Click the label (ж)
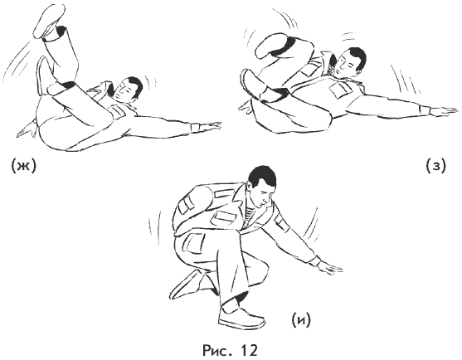point(23,167)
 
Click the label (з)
point(436,166)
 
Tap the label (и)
point(301,320)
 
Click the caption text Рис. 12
point(230,350)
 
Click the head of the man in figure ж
point(129,90)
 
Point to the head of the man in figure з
point(352,61)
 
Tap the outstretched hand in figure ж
point(210,127)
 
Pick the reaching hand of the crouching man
point(330,267)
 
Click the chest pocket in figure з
point(341,89)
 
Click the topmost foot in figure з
point(270,45)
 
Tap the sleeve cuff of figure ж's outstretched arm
point(195,127)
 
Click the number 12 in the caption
point(249,350)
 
